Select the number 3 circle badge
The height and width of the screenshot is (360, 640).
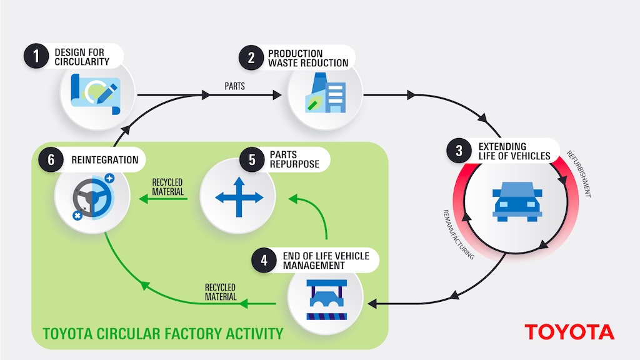click(459, 151)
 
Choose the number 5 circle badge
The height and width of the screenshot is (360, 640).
click(252, 160)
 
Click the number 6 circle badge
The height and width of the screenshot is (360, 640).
click(49, 160)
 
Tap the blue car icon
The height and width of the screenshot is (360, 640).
click(517, 201)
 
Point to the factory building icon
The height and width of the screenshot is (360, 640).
click(325, 94)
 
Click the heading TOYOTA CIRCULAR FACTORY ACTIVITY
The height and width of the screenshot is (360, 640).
click(163, 332)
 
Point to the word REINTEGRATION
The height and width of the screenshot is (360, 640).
click(105, 160)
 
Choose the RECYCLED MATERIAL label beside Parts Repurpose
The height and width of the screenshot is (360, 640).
click(167, 187)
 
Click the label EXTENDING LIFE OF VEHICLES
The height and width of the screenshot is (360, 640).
click(514, 151)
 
